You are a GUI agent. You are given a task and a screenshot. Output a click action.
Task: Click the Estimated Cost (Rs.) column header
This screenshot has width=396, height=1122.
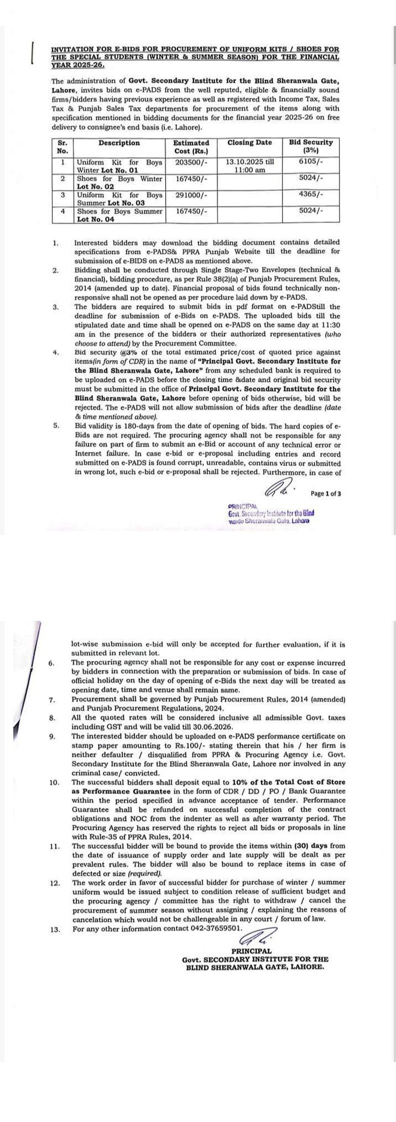coord(191,147)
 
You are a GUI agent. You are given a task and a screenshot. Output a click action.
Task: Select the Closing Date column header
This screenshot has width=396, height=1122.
coord(249,143)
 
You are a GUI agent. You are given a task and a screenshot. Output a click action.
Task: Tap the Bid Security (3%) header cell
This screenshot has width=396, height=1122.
coord(311,147)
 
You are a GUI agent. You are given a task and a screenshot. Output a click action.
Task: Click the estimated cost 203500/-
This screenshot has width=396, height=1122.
coord(191,162)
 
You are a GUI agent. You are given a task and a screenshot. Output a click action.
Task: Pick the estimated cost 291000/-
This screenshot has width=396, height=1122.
coord(191,195)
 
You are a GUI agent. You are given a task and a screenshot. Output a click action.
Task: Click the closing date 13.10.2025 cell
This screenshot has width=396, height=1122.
coord(249,166)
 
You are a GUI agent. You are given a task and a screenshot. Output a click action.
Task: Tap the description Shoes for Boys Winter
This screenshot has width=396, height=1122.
coord(119,182)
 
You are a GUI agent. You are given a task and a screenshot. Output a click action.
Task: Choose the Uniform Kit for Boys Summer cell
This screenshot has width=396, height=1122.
coord(119,199)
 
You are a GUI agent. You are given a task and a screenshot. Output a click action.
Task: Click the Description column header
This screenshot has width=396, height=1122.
coord(119,143)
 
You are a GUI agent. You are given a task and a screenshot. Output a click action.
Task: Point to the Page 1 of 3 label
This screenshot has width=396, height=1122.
coord(326,494)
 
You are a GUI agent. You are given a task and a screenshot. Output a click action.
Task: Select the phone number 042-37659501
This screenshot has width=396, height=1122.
coord(217,928)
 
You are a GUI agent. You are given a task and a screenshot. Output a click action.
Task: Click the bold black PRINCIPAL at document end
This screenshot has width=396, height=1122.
coord(251,951)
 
